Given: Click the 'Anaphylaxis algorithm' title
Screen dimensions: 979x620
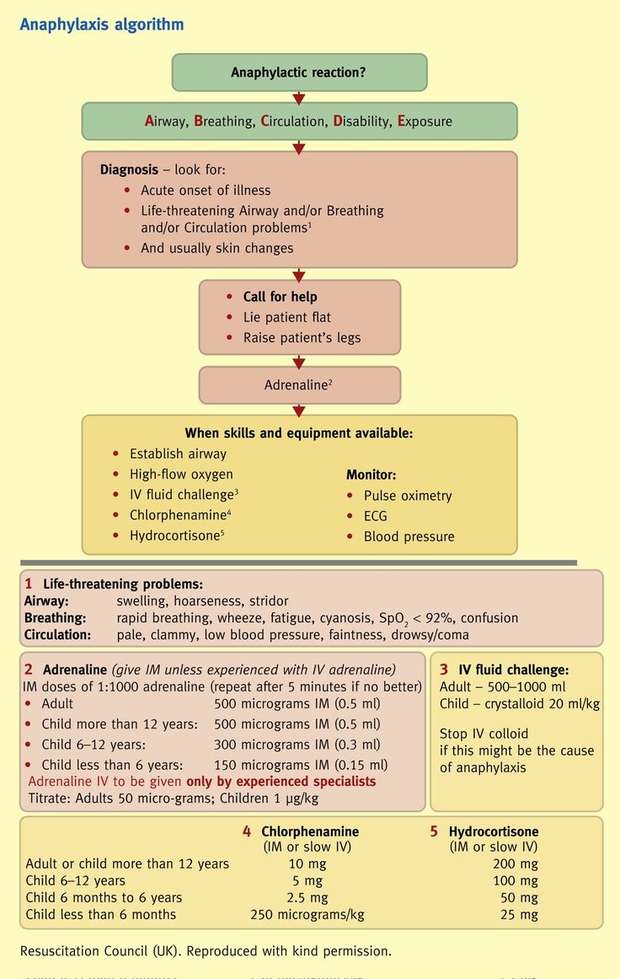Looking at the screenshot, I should point(101,24).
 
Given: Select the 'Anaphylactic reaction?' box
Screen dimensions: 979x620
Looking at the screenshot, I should point(299,73).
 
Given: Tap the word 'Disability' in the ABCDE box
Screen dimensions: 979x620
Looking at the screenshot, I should point(361,121).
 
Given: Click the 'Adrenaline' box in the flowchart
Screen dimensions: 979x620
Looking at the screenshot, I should point(299,385).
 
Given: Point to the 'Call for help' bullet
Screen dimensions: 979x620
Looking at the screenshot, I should point(280,297).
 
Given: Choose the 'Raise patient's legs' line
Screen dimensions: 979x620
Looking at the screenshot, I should point(302,337).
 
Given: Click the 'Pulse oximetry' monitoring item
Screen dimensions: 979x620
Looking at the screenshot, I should point(408,496).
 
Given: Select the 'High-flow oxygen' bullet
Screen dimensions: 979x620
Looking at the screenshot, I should point(181,474).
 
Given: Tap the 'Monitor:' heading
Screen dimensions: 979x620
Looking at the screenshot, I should point(371,475).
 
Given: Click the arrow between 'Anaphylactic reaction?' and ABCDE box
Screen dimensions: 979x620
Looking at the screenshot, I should point(299,97).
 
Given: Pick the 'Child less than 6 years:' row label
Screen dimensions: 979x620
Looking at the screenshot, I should point(112,765).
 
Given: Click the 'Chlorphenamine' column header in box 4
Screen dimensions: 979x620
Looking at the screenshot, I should point(310,831).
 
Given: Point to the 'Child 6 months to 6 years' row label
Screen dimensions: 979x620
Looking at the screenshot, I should point(104,897).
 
